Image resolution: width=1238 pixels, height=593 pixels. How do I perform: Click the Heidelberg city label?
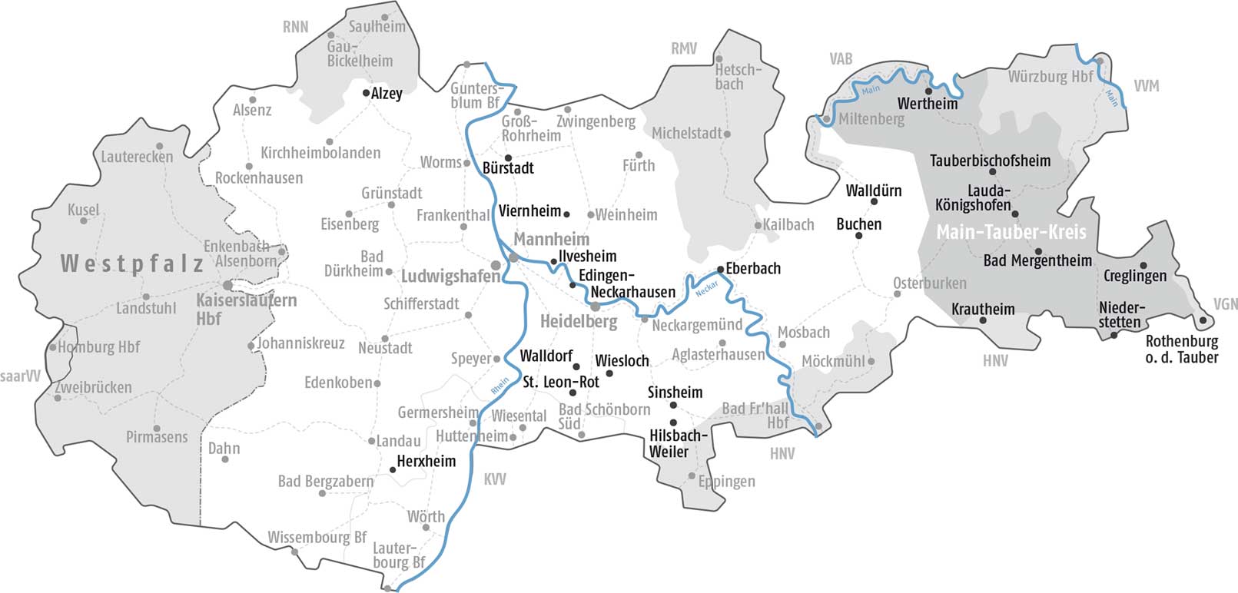578,322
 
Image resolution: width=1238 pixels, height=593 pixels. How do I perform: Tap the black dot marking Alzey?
367,93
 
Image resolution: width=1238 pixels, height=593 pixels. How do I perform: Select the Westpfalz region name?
131,264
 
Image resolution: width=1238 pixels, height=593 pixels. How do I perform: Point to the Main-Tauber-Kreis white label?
1011,232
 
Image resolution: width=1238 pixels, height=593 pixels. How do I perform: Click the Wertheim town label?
928,104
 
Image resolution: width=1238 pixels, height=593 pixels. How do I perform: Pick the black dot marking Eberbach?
720,269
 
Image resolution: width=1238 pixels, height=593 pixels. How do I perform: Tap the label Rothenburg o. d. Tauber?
1181,350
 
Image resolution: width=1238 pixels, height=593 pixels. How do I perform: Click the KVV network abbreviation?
495,479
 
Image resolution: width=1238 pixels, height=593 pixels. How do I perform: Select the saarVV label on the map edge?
20,376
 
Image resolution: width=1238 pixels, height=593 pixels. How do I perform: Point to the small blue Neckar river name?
706,290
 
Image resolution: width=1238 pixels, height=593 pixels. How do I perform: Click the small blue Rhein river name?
500,386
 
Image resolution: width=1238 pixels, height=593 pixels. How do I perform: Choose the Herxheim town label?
426,461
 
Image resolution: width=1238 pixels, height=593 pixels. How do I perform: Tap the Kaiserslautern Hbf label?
246,309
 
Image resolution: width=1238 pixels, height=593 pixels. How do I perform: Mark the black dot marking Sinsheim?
673,406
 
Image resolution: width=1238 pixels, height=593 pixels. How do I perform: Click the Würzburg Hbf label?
1050,77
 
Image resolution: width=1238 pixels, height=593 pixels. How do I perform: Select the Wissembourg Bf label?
317,538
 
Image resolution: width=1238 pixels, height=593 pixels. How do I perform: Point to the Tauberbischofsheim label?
990,161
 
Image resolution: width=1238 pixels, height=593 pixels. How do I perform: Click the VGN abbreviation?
1225,304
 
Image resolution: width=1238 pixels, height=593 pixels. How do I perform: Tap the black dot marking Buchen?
858,236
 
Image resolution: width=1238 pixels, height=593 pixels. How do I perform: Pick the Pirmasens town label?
157,437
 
